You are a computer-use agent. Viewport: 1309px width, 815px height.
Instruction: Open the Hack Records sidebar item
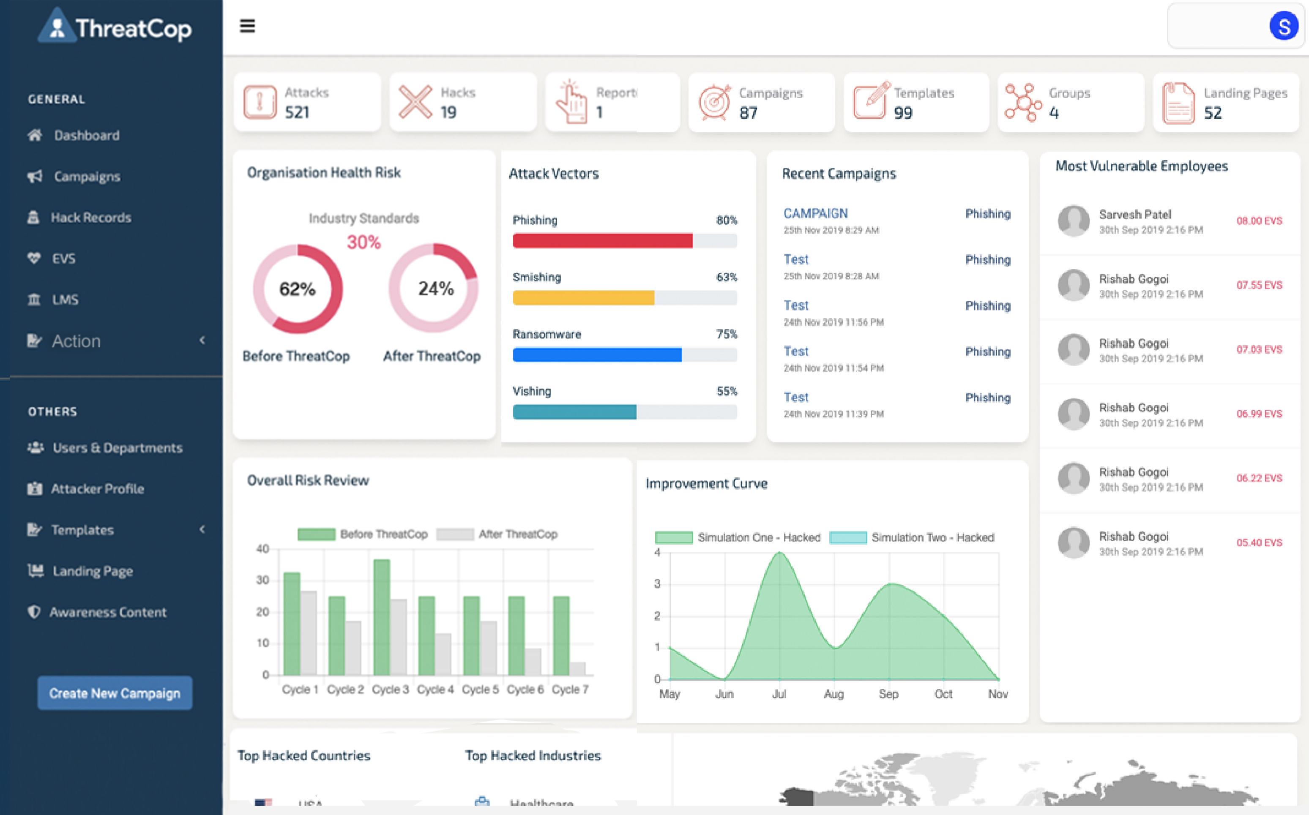[90, 217]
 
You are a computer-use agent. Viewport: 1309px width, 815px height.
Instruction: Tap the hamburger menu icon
[247, 26]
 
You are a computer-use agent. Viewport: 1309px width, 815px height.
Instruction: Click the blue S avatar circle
[1283, 27]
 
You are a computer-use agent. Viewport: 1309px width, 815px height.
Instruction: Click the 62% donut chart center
[297, 289]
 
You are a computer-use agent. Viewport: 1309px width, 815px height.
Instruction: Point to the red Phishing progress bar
[602, 240]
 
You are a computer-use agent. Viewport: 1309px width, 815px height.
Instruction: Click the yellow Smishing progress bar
[583, 297]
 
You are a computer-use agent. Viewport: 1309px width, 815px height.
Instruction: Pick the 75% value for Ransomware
[726, 334]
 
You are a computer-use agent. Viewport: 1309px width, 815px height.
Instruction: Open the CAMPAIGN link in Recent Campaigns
[815, 213]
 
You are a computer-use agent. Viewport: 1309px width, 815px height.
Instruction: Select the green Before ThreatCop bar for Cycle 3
[381, 617]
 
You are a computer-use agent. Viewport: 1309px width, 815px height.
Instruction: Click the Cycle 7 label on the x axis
[570, 690]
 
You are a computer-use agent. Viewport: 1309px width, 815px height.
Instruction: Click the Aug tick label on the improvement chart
[833, 694]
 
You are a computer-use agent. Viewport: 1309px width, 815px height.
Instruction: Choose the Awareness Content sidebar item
[108, 612]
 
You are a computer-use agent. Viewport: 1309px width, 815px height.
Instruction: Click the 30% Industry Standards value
[363, 242]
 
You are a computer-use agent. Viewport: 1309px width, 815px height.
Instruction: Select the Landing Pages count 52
[1213, 113]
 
